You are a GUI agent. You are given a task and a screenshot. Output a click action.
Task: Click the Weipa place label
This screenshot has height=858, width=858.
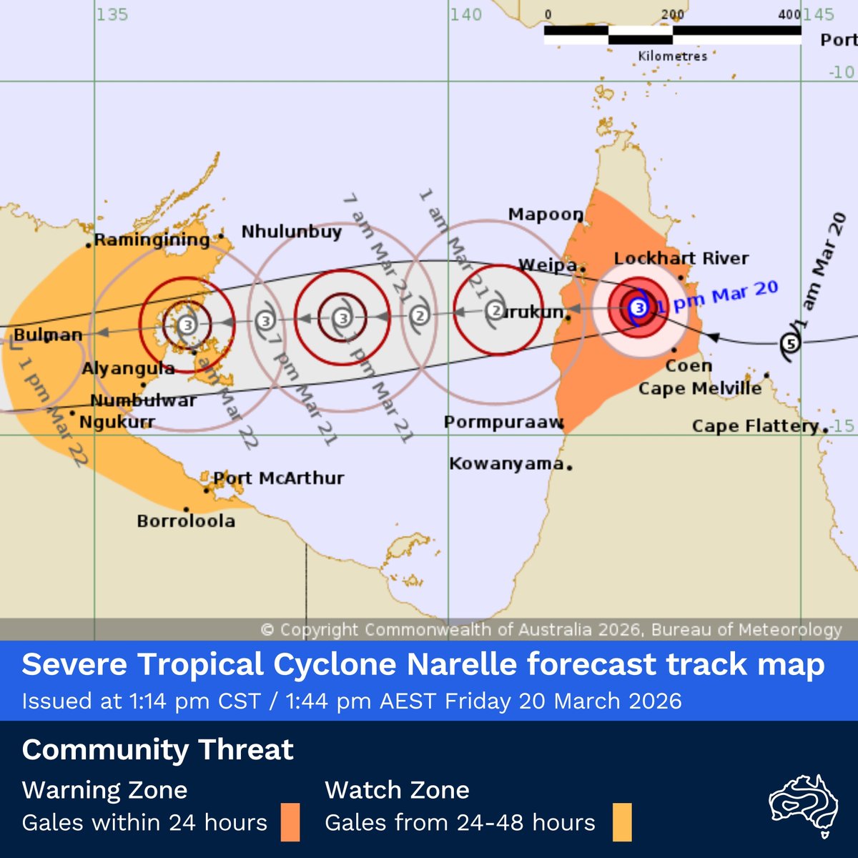[546, 265]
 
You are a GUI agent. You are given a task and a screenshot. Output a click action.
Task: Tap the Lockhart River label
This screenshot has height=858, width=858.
[681, 258]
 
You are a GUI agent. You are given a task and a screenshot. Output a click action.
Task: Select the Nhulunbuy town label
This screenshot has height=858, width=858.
[291, 232]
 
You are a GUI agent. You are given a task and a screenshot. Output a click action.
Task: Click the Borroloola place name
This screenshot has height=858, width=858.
[186, 521]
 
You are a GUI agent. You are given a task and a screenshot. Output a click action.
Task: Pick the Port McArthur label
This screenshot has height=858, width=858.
[279, 478]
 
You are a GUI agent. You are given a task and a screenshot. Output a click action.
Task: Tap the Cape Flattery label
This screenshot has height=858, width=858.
[754, 426]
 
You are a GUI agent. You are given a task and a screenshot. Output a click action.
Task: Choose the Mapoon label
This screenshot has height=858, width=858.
[545, 214]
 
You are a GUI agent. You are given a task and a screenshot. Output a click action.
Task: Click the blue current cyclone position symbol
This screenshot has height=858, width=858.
[638, 307]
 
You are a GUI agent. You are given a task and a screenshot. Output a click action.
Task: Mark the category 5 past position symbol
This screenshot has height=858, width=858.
[790, 344]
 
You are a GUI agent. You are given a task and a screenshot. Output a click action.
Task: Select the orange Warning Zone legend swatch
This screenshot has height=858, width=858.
[290, 822]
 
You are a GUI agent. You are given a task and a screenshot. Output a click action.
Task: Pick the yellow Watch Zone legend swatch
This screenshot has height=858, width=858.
[621, 822]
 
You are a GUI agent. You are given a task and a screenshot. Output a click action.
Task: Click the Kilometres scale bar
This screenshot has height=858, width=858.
[672, 35]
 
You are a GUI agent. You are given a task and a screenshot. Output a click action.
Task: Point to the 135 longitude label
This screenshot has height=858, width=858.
[112, 14]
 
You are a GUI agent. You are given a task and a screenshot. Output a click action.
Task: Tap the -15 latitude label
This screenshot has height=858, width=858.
[843, 425]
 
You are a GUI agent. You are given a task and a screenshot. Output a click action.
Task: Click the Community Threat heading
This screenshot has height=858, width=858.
[157, 749]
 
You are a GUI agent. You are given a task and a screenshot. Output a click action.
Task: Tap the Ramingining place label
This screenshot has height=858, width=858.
[152, 240]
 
